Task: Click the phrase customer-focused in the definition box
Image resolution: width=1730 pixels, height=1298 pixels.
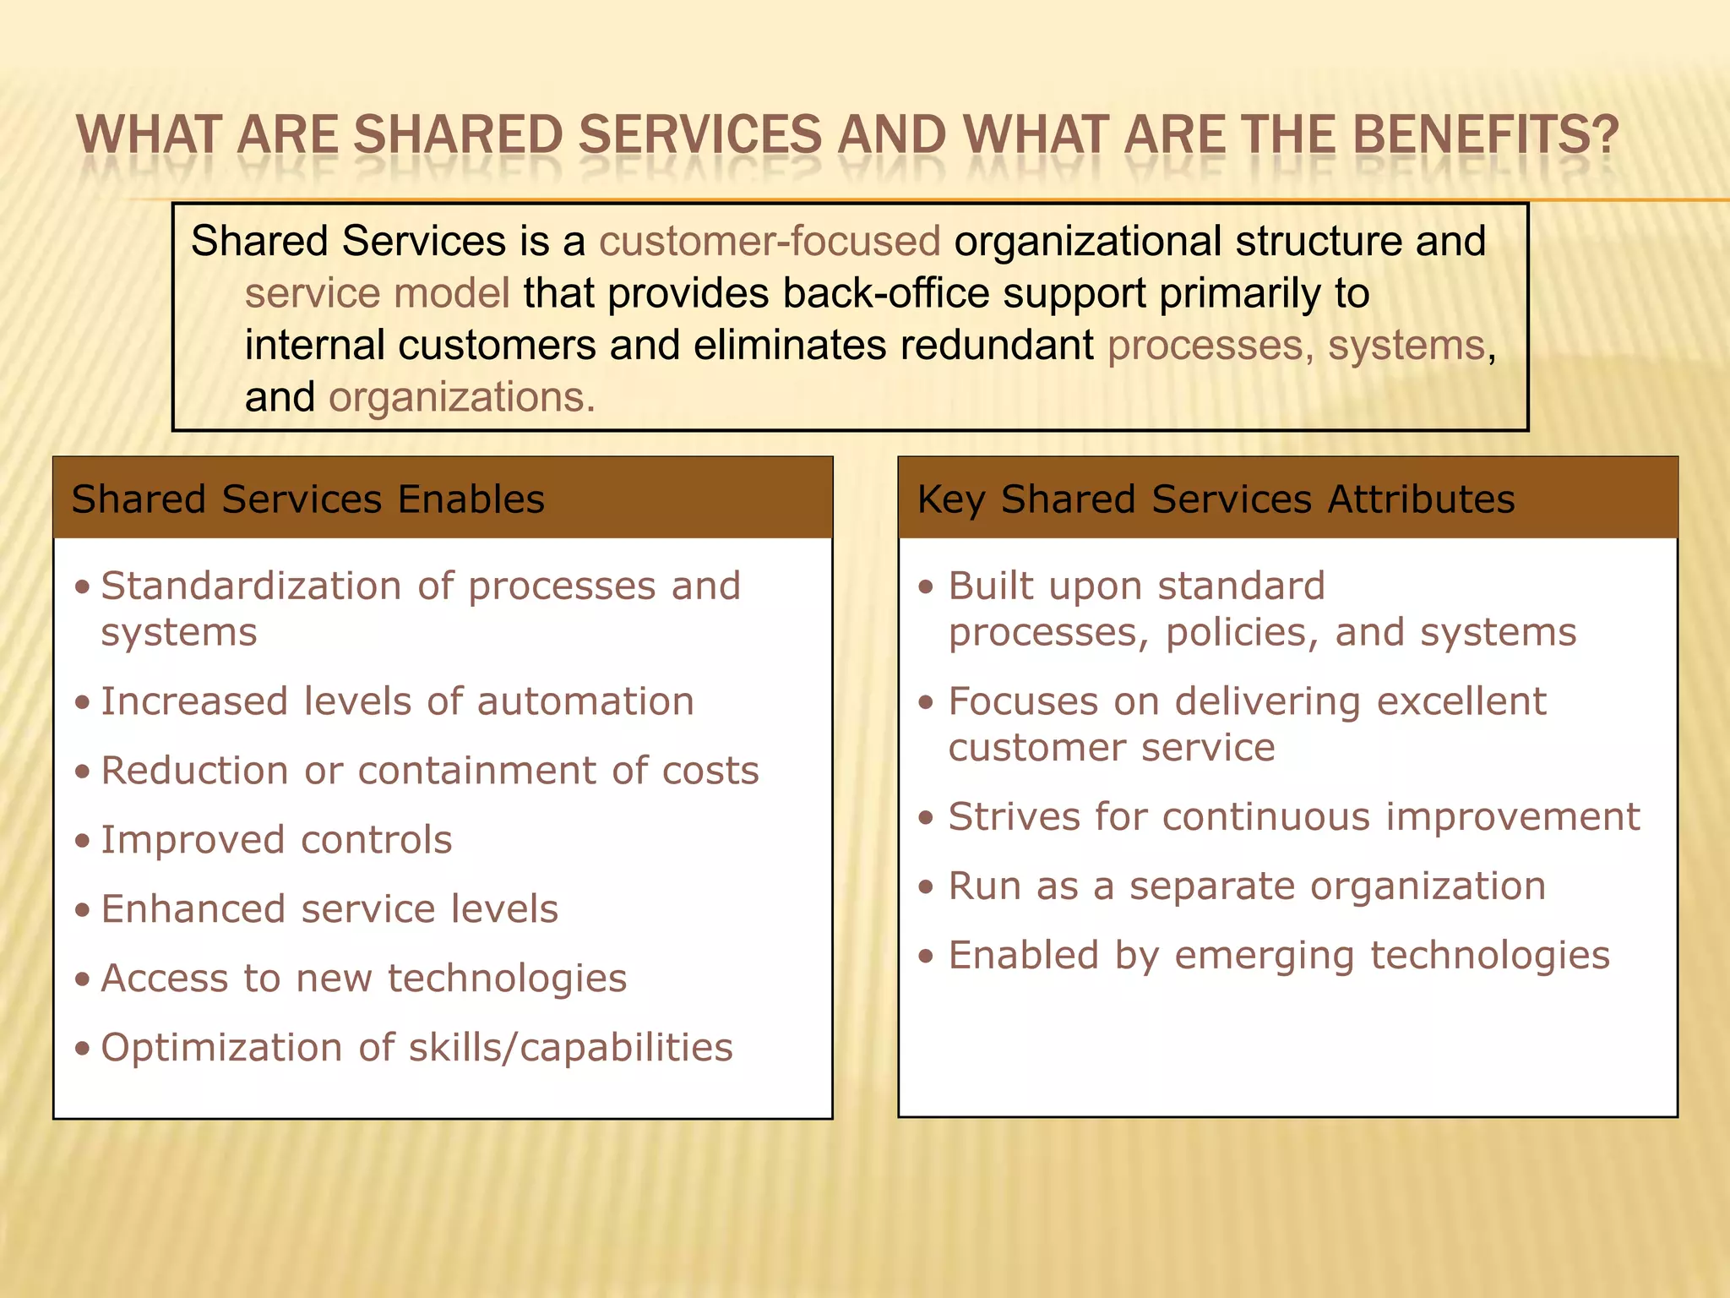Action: tap(770, 241)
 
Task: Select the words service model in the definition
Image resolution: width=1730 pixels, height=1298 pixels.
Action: tap(378, 293)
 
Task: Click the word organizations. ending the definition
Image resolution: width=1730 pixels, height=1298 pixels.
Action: tap(462, 397)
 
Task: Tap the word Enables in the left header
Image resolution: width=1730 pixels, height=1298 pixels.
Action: tap(471, 499)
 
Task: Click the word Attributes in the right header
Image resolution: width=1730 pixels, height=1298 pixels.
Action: tap(1421, 499)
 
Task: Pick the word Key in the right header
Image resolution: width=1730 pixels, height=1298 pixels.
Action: tap(950, 499)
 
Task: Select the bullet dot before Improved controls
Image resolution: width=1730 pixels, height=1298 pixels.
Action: tap(82, 841)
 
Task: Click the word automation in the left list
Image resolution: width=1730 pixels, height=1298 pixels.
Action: tap(585, 701)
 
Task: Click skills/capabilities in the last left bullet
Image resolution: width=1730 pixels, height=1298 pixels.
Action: tap(571, 1048)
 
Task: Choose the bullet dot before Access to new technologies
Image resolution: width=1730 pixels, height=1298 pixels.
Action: tap(82, 979)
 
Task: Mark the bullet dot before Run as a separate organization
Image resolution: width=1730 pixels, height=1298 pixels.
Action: tap(927, 887)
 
